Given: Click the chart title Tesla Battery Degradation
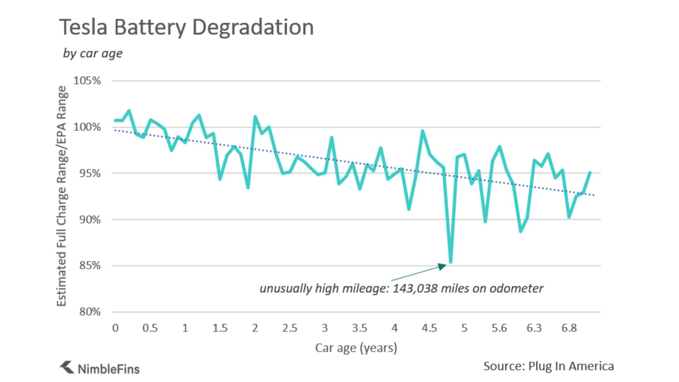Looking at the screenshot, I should point(186,27).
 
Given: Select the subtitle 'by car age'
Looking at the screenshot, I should point(93,53).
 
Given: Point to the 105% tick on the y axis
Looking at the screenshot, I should point(87,81).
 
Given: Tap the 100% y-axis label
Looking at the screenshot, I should point(87,127).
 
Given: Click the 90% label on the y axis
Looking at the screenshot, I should point(90,220).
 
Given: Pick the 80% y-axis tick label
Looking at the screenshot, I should point(90,312).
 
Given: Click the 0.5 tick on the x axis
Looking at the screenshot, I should point(150,328).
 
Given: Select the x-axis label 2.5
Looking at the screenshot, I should point(290,328).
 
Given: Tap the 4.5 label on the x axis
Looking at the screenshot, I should point(429,328).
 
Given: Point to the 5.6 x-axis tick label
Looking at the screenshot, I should point(499,328).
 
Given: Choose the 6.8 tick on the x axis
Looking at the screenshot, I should point(569,328).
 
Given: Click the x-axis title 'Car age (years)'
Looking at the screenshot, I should point(356,348).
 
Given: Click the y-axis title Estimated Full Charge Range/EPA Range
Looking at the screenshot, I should point(62,196).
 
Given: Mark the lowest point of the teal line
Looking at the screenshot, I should point(451,262).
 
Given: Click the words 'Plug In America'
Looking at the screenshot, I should point(571,366).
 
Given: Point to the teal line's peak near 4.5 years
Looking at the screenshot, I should point(423,131).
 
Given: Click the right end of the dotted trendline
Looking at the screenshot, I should point(594,195).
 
